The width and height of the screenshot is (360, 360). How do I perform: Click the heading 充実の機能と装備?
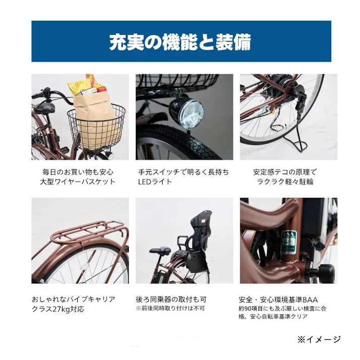[x=180, y=42]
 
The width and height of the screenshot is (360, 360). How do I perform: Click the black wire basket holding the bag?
[x=96, y=129]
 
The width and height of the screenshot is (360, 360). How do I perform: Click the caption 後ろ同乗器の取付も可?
[x=171, y=299]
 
